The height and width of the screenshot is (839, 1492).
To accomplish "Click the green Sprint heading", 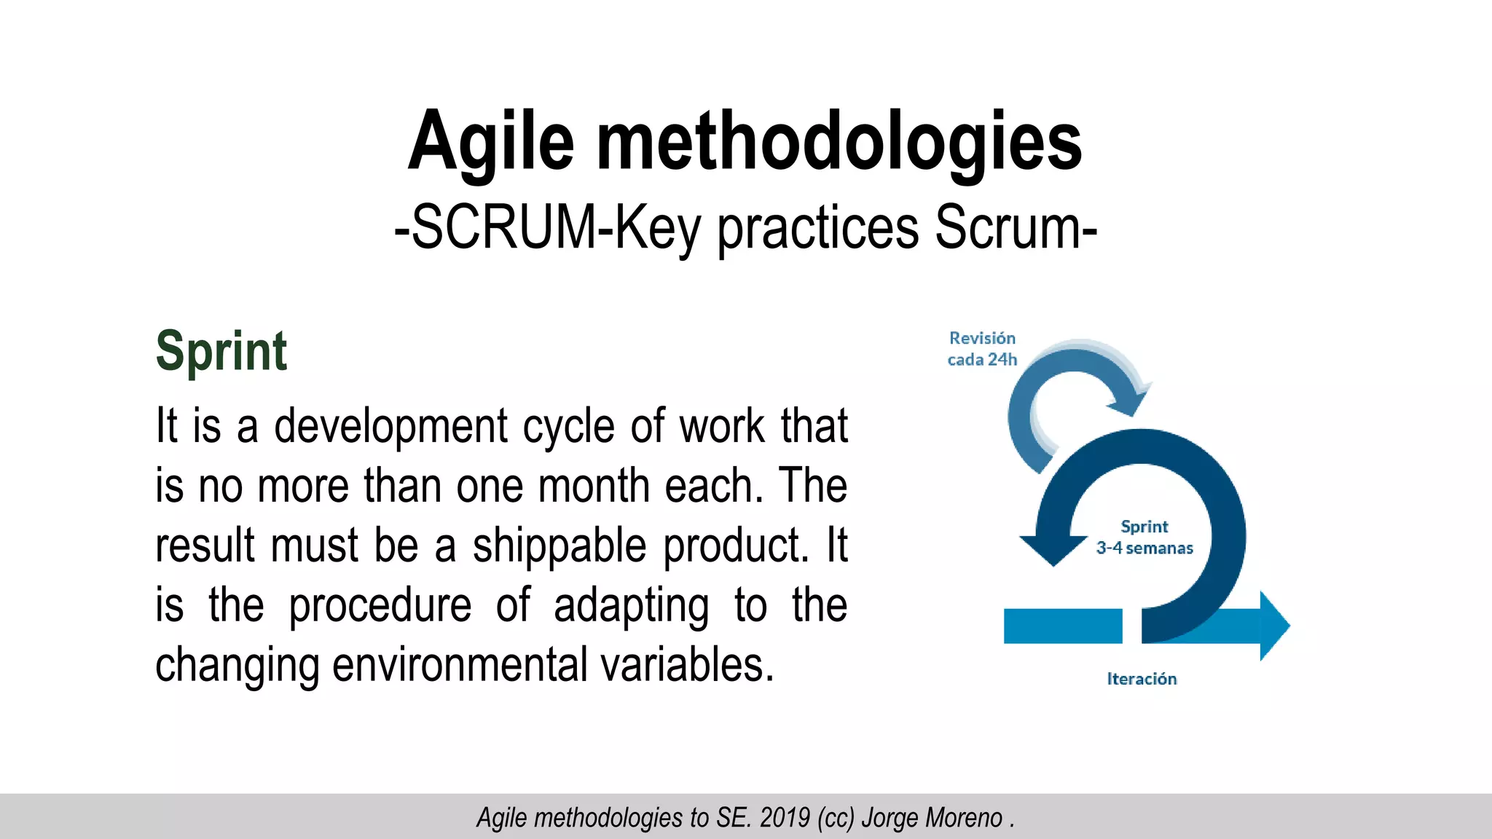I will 221,352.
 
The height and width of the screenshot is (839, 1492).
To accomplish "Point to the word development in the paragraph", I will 390,427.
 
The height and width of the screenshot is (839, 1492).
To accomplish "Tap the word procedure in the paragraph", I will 380,606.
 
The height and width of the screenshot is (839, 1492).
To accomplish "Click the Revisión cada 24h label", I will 982,349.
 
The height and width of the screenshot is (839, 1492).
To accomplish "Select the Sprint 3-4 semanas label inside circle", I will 1144,537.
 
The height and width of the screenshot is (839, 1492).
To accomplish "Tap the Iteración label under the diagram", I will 1142,679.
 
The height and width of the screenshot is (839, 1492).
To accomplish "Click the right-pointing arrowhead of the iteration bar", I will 1273,626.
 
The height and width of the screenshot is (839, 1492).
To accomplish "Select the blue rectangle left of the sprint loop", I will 1062,626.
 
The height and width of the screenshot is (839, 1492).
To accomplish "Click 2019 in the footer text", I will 785,818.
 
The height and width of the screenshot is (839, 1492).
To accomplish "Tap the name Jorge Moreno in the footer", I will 932,818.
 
